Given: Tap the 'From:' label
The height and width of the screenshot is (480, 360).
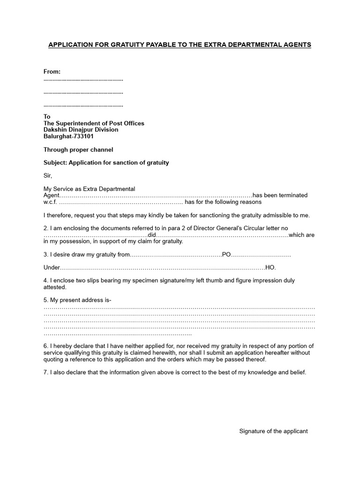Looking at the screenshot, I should tap(52, 72).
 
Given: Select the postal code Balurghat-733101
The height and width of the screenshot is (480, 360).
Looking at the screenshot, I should tap(68, 136).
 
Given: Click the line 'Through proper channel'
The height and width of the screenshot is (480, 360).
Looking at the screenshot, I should tap(78, 150).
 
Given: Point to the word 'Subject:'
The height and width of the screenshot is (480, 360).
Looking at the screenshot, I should tap(56, 163).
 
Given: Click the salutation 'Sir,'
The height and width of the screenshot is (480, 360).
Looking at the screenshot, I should tap(48, 176).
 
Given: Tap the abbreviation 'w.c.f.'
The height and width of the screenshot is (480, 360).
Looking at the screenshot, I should tap(50, 202).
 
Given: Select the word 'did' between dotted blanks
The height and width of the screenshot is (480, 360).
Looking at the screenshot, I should tap(151, 235).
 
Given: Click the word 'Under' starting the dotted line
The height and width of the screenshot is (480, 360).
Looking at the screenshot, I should tap(52, 268).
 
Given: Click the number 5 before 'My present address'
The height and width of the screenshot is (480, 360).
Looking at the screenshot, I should tap(45, 300).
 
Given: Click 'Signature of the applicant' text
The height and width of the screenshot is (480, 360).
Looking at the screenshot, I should tap(273, 431).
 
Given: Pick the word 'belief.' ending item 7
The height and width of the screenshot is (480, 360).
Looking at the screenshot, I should tap(297, 373).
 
